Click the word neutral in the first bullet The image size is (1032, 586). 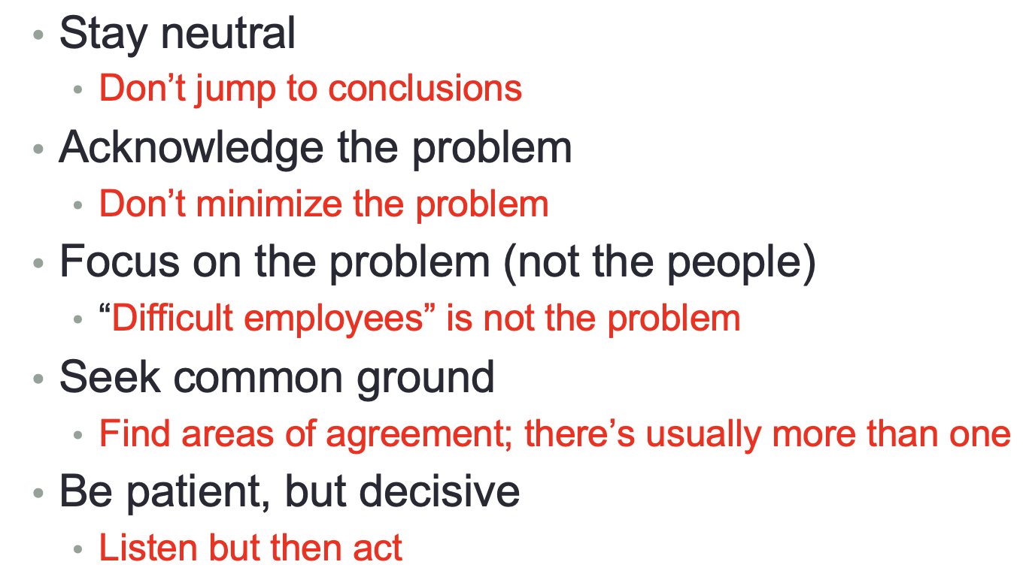pos(228,33)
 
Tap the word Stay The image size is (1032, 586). pos(104,35)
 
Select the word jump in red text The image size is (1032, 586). pos(235,89)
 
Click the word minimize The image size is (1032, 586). pos(269,203)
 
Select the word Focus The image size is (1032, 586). pos(120,261)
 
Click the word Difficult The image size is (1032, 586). pos(172,318)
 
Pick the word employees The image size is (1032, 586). pos(333,320)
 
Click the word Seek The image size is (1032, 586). pos(110,377)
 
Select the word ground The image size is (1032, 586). pos(425,379)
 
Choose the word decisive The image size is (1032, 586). pos(439,491)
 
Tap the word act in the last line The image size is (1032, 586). pos(378,548)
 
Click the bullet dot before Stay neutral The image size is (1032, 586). pos(38,35)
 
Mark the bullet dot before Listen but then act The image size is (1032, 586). pos(77,549)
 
